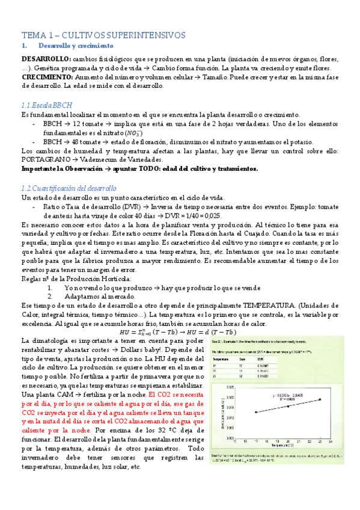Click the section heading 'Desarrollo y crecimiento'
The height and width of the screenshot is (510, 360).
[x=75, y=46]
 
